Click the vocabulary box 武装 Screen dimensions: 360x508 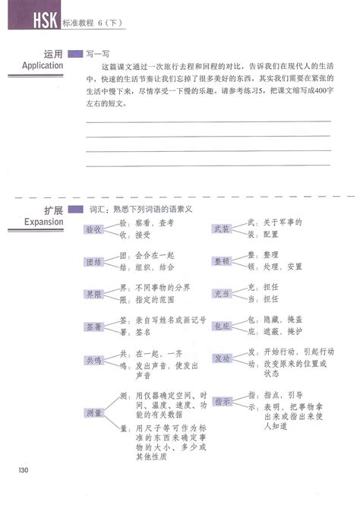pyautogui.click(x=221, y=229)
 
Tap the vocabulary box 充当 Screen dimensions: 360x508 pyautogui.click(x=221, y=294)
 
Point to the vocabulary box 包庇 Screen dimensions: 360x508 pyautogui.click(x=221, y=327)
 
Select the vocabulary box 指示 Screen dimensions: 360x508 pyautogui.click(x=221, y=400)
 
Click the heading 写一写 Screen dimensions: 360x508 pyautogui.click(x=96, y=55)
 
